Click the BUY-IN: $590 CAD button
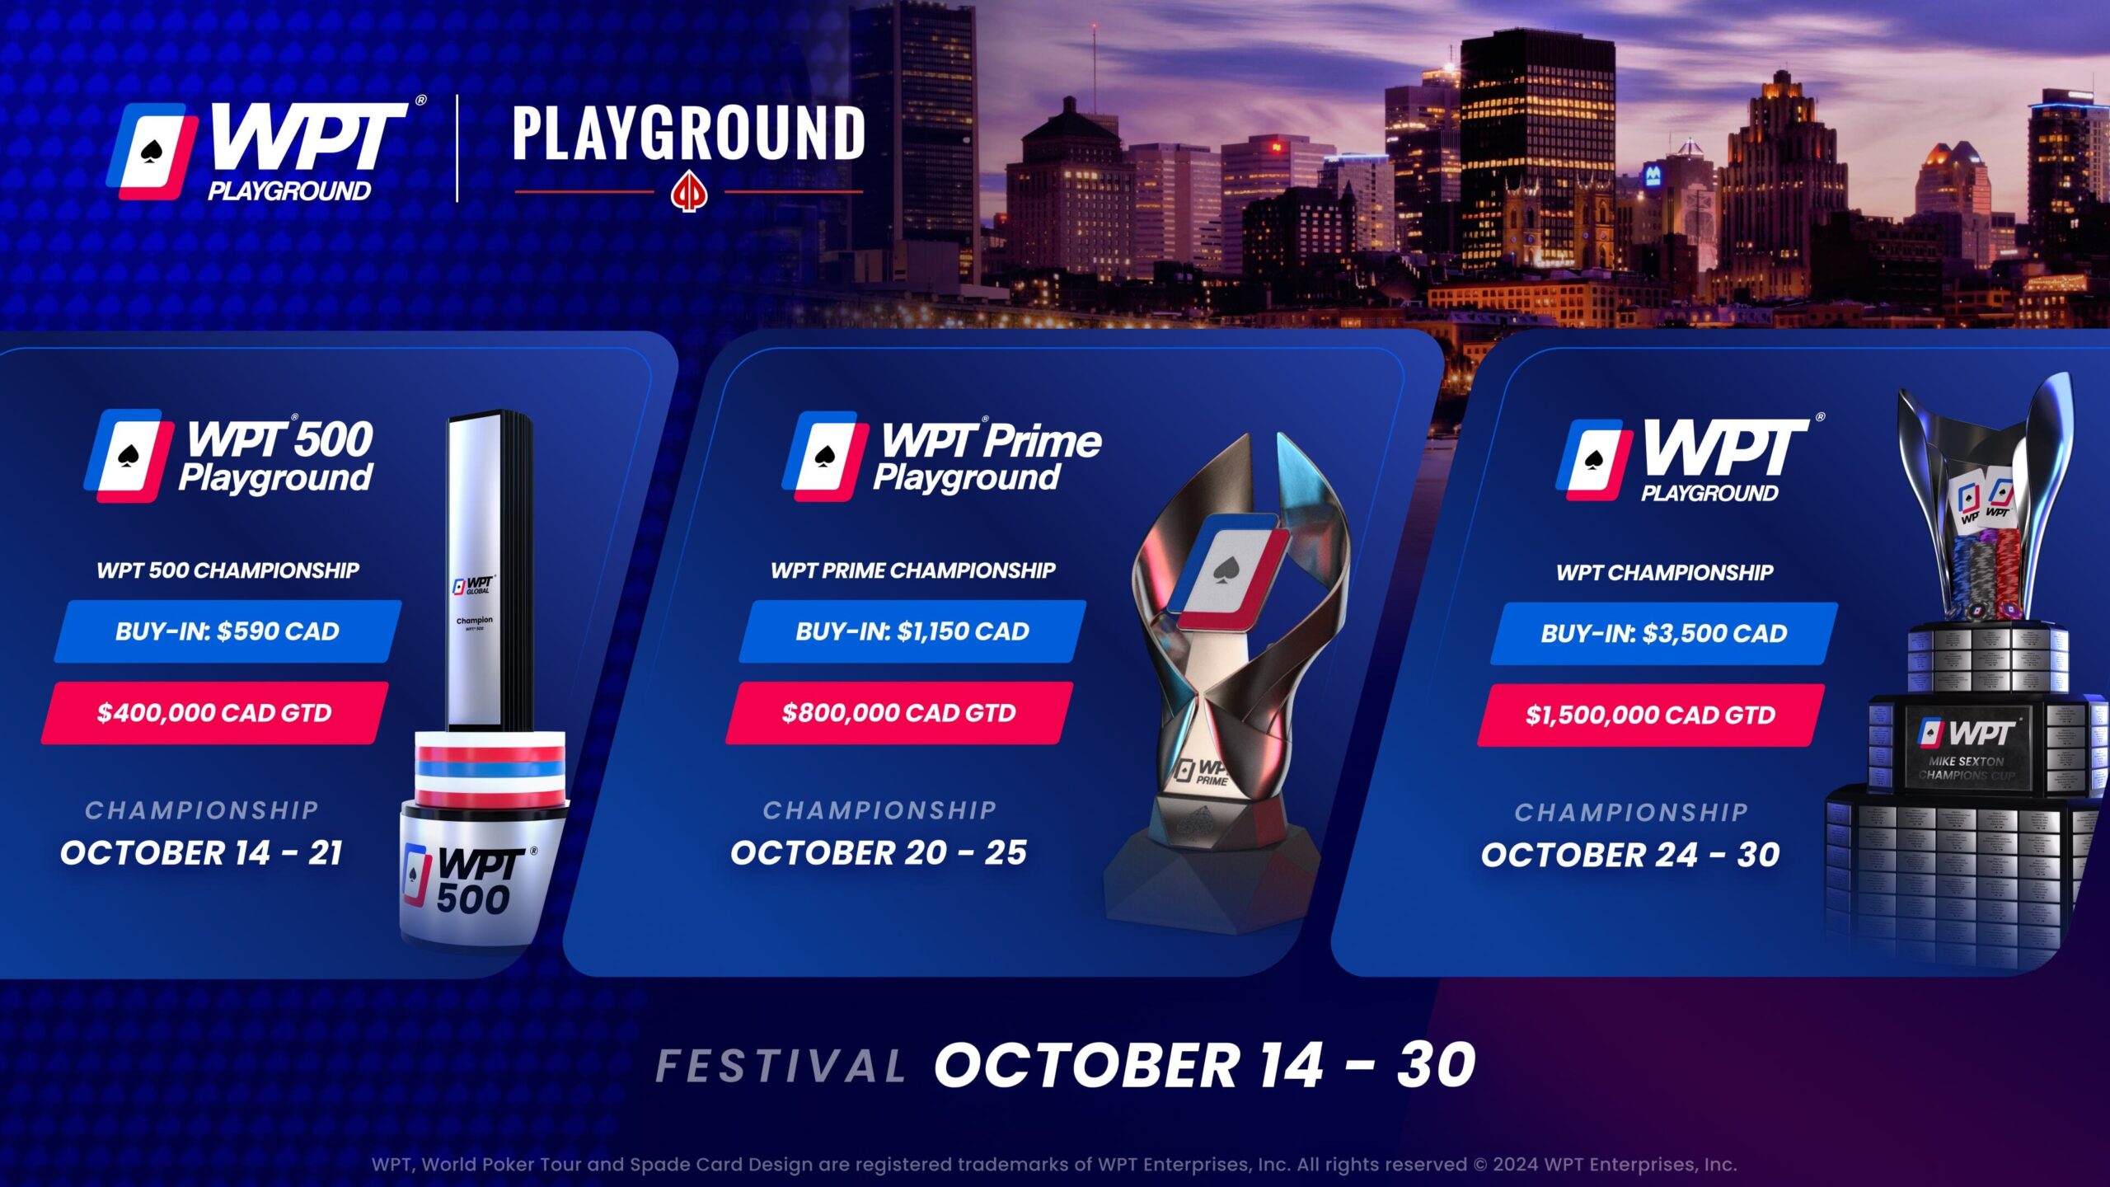(x=227, y=631)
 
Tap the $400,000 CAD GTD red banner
(x=214, y=713)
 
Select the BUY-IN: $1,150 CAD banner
(x=912, y=631)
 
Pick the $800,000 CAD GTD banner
(x=899, y=713)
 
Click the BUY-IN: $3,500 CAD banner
(x=1664, y=633)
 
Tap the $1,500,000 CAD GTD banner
(x=1651, y=715)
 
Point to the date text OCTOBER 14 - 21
(x=202, y=853)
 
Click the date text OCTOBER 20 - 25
(x=879, y=853)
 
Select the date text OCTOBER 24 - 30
(x=1630, y=855)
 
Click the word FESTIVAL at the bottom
(x=781, y=1066)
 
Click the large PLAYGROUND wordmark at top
(x=689, y=134)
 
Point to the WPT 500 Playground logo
(x=229, y=457)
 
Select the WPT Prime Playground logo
(x=942, y=457)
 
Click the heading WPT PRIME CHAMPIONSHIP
(x=912, y=570)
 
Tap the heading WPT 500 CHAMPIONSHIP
(x=227, y=570)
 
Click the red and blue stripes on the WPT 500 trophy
(x=491, y=768)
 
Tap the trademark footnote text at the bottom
(x=1054, y=1165)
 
